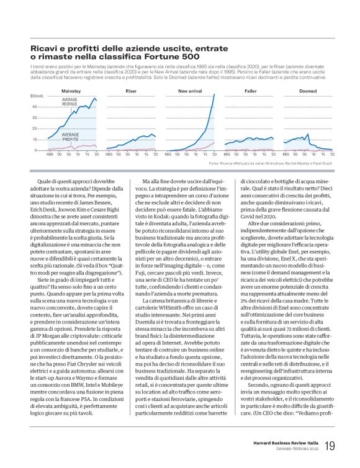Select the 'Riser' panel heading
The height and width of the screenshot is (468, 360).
click(x=131, y=91)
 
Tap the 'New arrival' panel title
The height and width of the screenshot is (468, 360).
click(x=189, y=91)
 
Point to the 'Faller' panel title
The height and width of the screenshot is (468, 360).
click(x=250, y=91)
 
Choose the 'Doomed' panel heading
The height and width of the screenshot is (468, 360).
click(x=308, y=91)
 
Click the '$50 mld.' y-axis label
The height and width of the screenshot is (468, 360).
click(x=37, y=96)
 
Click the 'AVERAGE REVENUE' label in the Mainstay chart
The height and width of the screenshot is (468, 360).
click(x=70, y=102)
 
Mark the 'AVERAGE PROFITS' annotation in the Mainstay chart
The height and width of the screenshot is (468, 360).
click(x=70, y=136)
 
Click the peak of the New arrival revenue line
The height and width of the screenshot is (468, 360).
click(x=215, y=94)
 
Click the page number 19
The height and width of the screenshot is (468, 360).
click(x=330, y=445)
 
